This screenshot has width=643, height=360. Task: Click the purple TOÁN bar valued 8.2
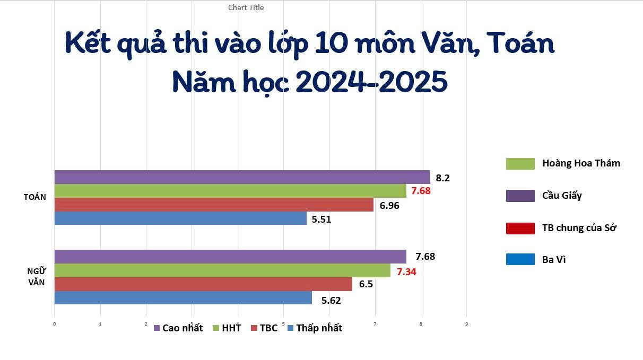coord(242,177)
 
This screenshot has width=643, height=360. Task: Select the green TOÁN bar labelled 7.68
coord(230,191)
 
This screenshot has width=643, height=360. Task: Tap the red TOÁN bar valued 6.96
coord(214,205)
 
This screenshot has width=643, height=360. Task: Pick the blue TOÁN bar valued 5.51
coord(180,218)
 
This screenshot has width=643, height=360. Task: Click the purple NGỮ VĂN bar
coord(230,257)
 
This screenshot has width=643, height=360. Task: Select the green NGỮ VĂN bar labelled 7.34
coord(222,270)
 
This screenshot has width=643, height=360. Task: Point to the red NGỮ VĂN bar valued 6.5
coord(203,284)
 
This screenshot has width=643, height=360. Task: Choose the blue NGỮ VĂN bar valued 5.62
coord(183,298)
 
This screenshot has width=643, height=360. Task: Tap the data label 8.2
coord(442,178)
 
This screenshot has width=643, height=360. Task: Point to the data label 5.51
coord(321,219)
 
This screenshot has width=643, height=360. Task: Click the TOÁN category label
coord(35,197)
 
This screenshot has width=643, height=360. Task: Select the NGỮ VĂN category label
coord(36,276)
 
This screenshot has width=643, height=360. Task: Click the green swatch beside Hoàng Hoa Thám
coord(520,164)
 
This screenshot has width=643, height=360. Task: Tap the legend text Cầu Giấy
coord(562,196)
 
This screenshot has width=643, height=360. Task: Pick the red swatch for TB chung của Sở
coord(520,229)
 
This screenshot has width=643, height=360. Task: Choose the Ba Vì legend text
coord(554,260)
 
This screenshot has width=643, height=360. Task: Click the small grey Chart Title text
coord(246,7)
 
